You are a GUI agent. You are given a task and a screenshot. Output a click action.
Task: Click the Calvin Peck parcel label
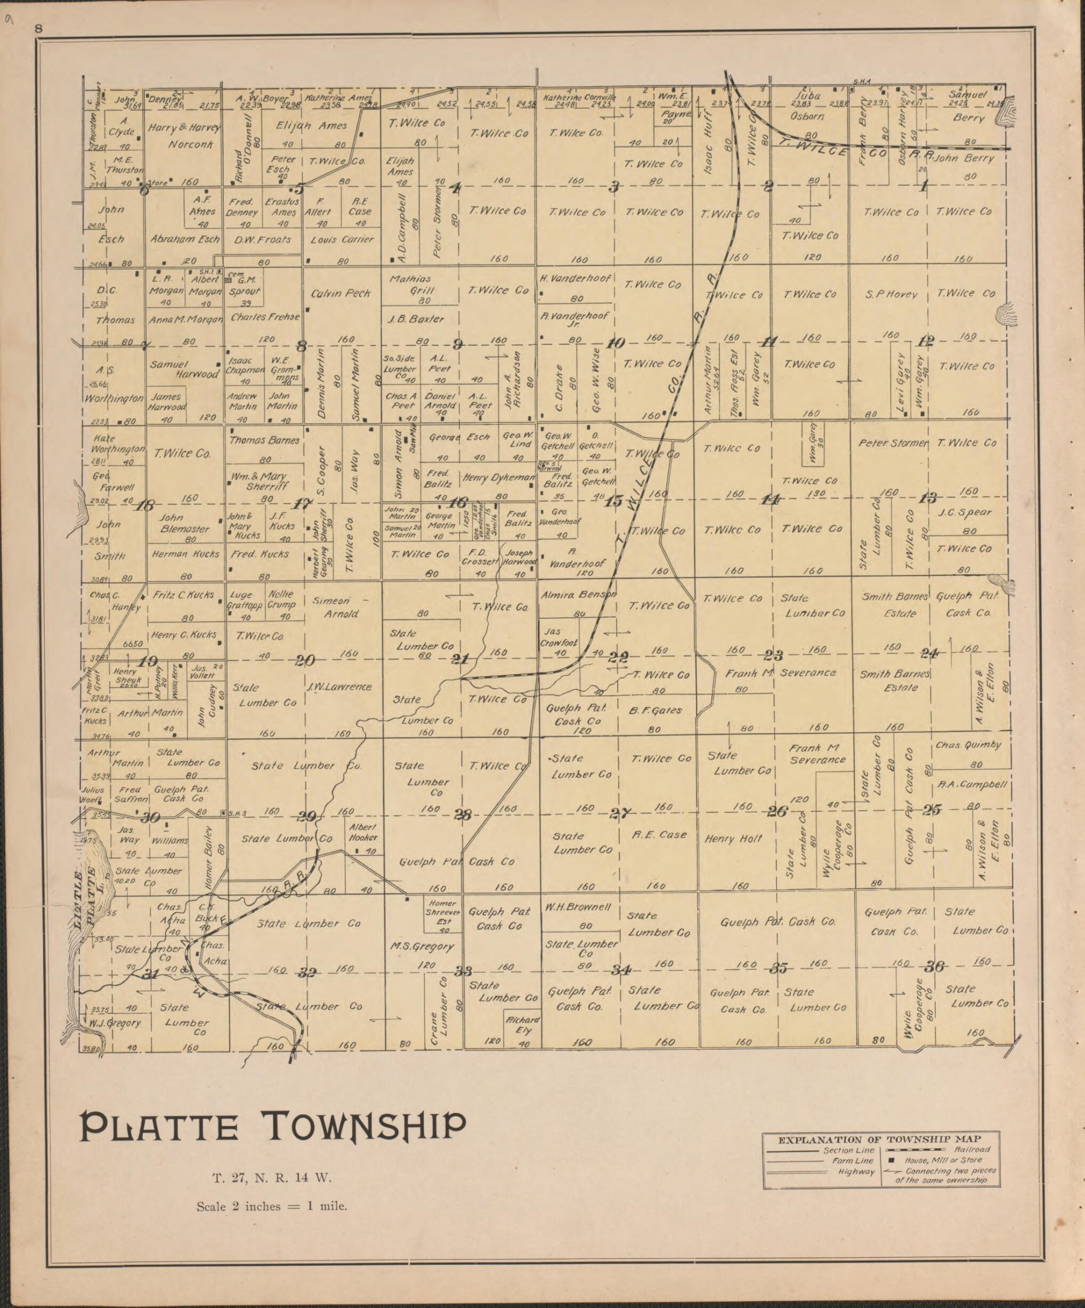(341, 293)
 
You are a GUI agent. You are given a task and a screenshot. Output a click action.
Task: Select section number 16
(458, 502)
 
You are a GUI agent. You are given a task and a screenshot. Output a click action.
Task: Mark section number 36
(934, 966)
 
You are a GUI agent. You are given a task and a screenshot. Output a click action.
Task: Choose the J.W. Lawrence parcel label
(339, 687)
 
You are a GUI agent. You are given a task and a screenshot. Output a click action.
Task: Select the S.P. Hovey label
(892, 294)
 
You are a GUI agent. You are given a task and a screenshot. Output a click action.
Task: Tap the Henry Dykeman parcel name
(498, 478)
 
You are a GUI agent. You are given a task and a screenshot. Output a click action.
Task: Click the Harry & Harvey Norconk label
(184, 135)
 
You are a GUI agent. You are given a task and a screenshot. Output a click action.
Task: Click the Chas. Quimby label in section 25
(968, 745)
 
